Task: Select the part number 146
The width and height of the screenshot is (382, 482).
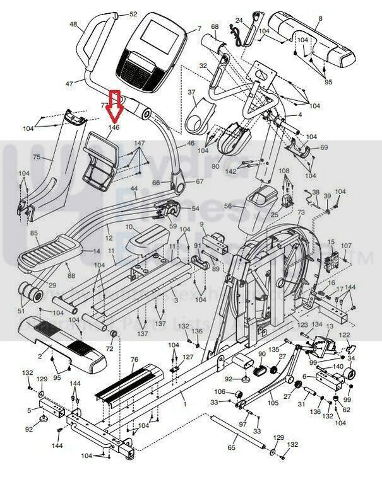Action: [114, 127]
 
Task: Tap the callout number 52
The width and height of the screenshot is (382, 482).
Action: [133, 14]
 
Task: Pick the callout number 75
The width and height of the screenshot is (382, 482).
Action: [37, 158]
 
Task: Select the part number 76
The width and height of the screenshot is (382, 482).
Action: [134, 360]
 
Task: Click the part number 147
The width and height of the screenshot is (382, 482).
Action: [139, 144]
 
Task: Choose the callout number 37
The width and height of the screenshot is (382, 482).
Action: [192, 93]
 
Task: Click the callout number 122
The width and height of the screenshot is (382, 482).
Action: [345, 335]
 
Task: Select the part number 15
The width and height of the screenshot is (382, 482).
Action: [330, 242]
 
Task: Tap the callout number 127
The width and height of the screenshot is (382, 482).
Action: [188, 357]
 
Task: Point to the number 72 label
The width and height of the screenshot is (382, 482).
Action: [109, 348]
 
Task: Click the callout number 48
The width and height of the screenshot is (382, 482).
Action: [73, 25]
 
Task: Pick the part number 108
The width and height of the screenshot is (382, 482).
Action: [284, 171]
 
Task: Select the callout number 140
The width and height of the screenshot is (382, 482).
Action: [338, 366]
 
